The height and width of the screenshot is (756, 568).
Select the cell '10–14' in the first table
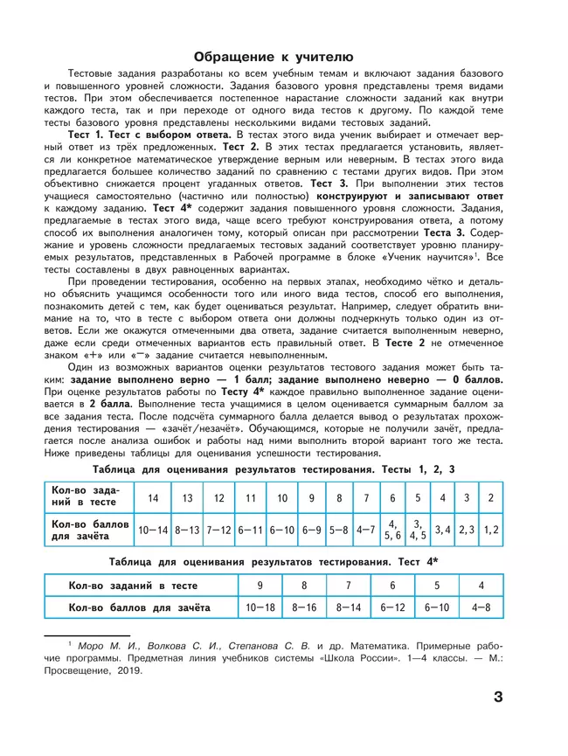coord(153,530)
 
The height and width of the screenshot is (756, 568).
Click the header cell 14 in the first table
coord(153,497)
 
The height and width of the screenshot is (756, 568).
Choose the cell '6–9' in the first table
coord(312,530)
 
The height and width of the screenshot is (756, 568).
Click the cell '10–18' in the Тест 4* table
coord(260,606)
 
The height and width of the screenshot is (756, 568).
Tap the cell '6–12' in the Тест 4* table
coord(393,606)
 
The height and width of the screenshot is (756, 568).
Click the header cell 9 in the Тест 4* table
coord(260,585)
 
